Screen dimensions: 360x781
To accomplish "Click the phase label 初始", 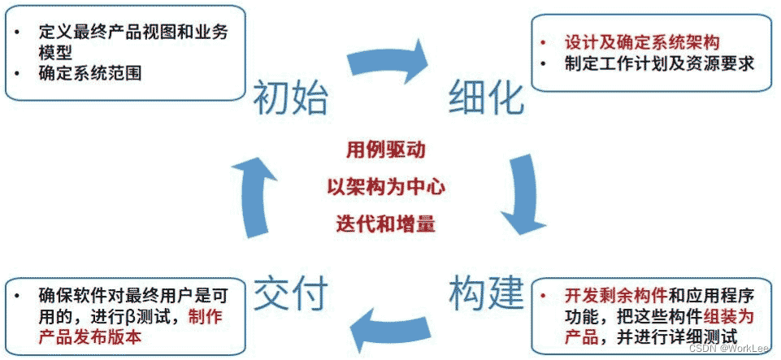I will coord(291,99).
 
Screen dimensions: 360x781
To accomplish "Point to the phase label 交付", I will coord(291,291).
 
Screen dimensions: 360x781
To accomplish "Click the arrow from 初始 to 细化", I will coord(388,61).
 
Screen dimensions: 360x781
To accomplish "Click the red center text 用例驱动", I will coord(386,150).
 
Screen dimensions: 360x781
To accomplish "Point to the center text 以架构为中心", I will coord(386,187).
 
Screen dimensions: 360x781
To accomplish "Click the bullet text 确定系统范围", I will coord(90,73).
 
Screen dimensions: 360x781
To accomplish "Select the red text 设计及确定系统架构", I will coord(641,41).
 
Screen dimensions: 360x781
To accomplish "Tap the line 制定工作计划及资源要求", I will coord(659,63).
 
